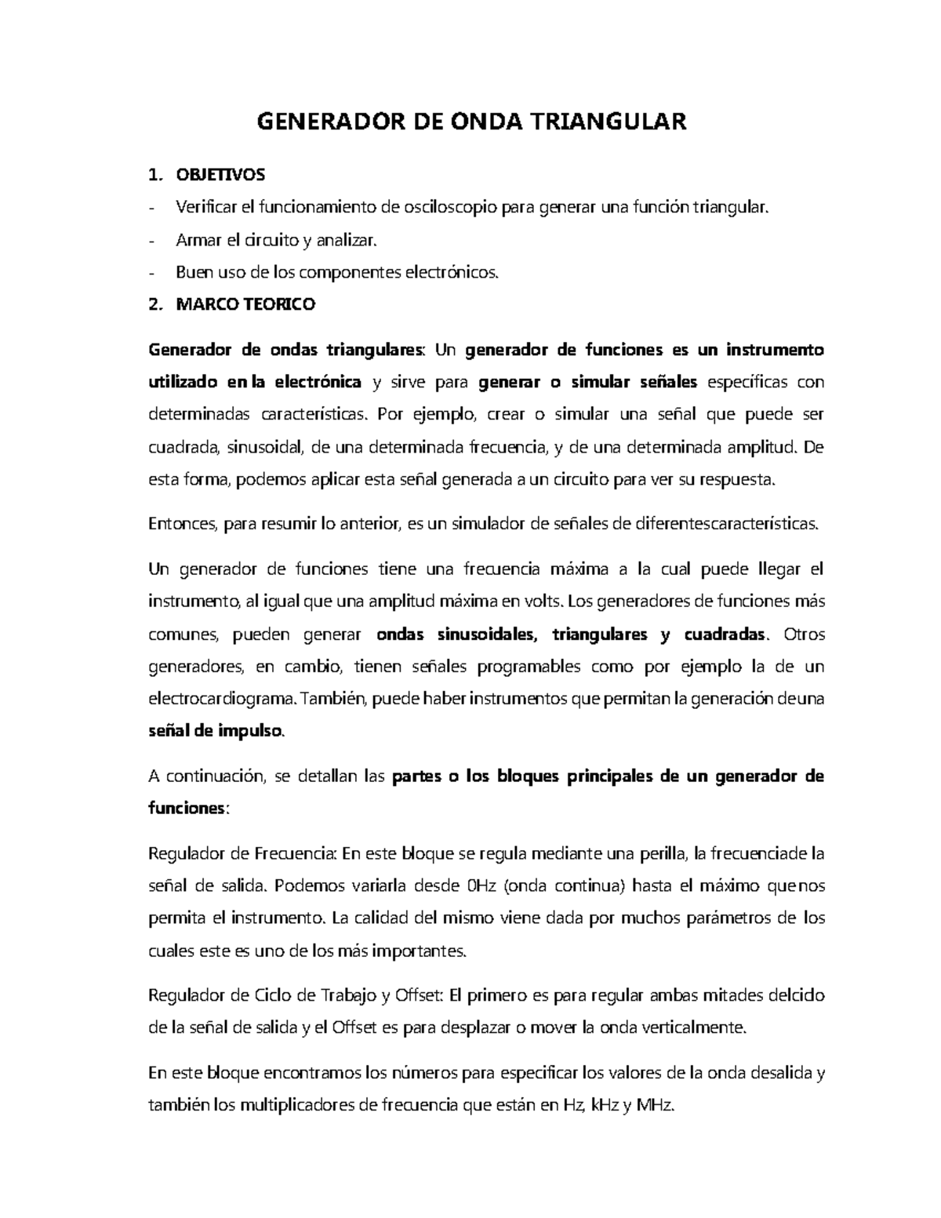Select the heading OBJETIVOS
[x=220, y=173]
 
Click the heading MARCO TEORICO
[x=245, y=304]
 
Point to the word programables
[x=529, y=667]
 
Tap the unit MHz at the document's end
[x=655, y=1105]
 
